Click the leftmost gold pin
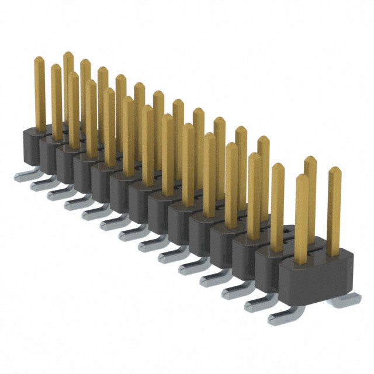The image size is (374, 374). click(x=40, y=93)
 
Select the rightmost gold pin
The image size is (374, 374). click(x=334, y=210)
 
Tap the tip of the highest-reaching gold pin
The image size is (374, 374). click(x=68, y=56)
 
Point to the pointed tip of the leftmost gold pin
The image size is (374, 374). click(x=39, y=59)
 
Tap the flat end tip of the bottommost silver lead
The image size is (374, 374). click(x=272, y=320)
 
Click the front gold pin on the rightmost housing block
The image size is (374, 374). click(x=302, y=216)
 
